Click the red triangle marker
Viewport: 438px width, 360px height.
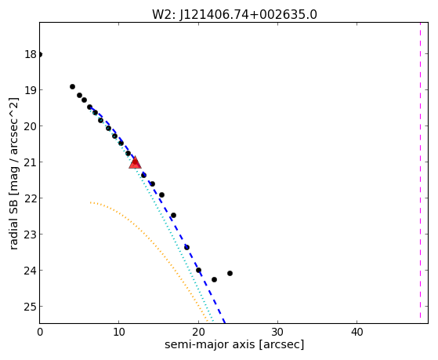click(135, 163)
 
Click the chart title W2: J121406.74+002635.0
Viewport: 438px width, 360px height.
click(234, 15)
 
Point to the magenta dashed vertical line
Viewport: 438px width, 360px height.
click(420, 170)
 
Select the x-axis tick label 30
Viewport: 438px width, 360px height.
click(277, 332)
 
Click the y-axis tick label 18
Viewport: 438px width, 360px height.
click(31, 54)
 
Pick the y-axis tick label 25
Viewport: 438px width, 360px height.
click(31, 307)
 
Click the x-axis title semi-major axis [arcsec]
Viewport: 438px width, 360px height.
click(234, 344)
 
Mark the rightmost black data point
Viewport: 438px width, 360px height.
click(230, 273)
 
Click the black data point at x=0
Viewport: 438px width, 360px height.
click(40, 54)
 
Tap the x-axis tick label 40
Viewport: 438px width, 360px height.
click(357, 332)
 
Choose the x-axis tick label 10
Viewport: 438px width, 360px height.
click(119, 332)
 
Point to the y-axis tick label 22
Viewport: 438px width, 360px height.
click(31, 198)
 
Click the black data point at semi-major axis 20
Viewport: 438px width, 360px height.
click(198, 271)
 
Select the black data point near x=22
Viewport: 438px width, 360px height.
click(214, 279)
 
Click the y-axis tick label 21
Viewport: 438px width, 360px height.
click(31, 162)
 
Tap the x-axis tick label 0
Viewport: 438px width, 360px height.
click(40, 332)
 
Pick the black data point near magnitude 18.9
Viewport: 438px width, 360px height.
click(72, 87)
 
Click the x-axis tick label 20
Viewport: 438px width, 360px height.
click(198, 332)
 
